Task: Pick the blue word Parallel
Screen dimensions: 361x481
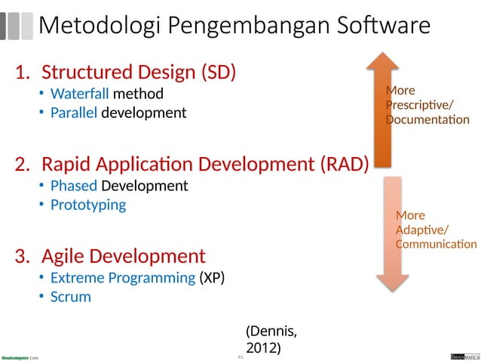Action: tap(74, 113)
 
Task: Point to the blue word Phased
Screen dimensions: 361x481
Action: tap(74, 186)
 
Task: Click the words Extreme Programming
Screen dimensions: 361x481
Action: tap(123, 278)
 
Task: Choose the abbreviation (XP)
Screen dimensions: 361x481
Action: tap(212, 278)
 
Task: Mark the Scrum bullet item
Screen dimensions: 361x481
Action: tap(70, 297)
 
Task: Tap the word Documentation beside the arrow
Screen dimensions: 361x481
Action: tap(427, 120)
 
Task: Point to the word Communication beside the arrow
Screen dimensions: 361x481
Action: tap(436, 244)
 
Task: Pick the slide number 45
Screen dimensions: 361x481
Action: tap(240, 356)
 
